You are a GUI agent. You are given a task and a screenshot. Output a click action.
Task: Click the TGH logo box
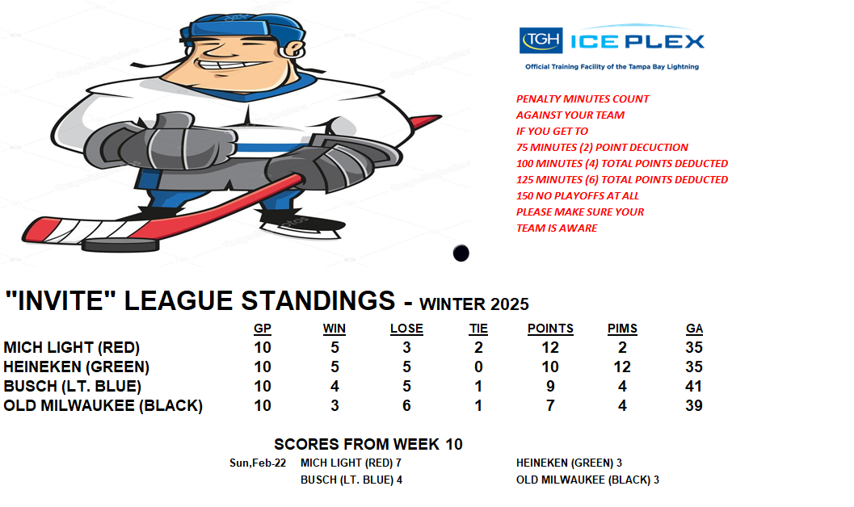coord(541,40)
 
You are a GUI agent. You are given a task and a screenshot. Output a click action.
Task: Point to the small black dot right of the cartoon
coord(461,253)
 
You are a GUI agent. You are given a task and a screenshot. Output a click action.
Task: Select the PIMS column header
coord(622,329)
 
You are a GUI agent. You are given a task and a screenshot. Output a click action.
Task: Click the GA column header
coord(694,329)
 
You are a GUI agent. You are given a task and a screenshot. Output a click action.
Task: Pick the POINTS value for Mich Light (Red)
coord(550,348)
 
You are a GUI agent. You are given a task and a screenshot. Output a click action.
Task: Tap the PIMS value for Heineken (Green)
coord(622,367)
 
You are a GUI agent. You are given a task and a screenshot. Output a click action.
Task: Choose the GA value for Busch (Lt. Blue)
coord(693,386)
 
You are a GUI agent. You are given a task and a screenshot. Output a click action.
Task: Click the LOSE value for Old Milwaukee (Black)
coord(406,406)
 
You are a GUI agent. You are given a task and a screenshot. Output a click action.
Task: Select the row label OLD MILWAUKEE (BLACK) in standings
coord(103,406)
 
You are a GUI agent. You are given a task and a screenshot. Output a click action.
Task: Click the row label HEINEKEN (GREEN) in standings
coord(76,367)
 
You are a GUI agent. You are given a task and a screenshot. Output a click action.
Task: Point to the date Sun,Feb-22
coord(258,463)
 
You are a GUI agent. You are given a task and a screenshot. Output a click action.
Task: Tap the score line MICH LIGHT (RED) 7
coord(351,463)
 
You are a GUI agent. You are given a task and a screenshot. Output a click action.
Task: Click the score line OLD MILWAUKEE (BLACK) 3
coord(587,480)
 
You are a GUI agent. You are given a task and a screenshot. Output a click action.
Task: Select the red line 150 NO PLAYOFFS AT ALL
coord(578,196)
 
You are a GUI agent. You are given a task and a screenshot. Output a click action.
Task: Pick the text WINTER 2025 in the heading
coord(473,304)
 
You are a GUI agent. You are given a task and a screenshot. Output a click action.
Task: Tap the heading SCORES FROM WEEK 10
coord(368,445)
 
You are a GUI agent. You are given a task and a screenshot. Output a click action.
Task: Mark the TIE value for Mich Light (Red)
coord(478,348)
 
